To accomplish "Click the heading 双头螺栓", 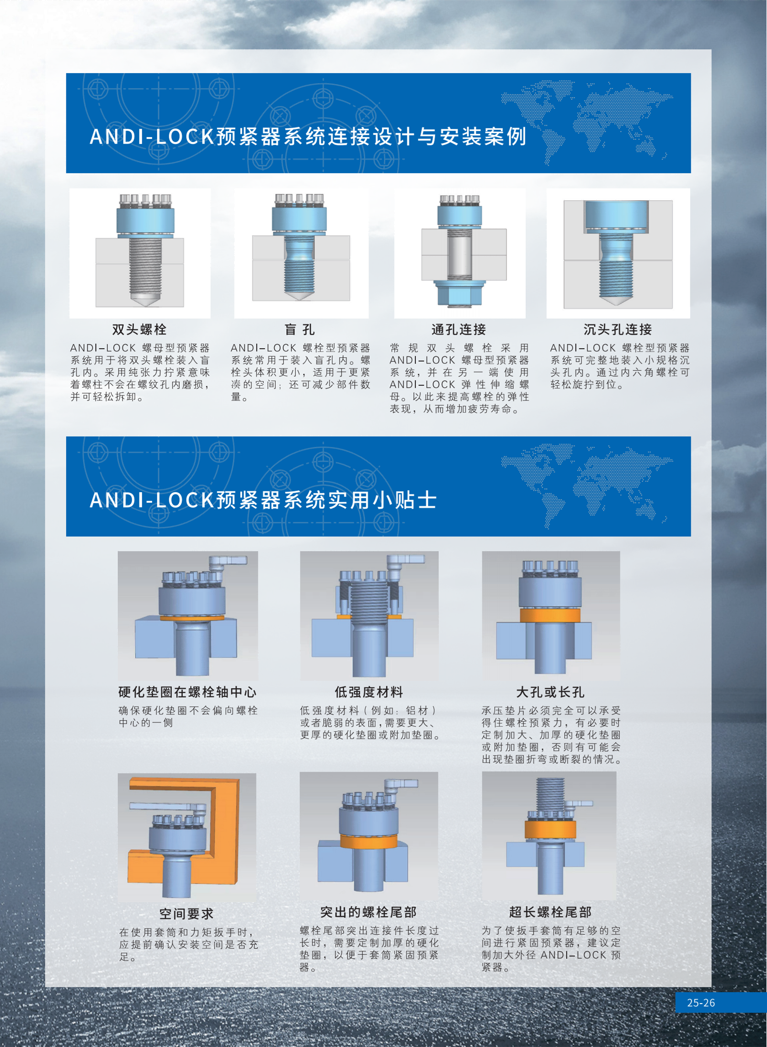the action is point(139,330).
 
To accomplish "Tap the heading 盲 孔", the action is point(299,330).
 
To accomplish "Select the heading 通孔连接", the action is point(459,330).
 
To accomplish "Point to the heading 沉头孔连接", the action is point(618,330).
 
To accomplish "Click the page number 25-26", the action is point(701,1003).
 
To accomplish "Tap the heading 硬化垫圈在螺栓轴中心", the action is point(187,692).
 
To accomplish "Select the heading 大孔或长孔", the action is point(550,692).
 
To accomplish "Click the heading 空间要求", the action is point(186,914).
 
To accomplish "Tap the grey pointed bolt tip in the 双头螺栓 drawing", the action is point(145,300).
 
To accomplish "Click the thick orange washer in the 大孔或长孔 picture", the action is point(550,616).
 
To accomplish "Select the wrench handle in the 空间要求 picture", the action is point(167,807).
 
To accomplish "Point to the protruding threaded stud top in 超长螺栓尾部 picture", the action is point(550,792).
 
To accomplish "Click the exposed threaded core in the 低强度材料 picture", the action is point(369,603).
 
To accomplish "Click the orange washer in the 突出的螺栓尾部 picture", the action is point(369,841).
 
